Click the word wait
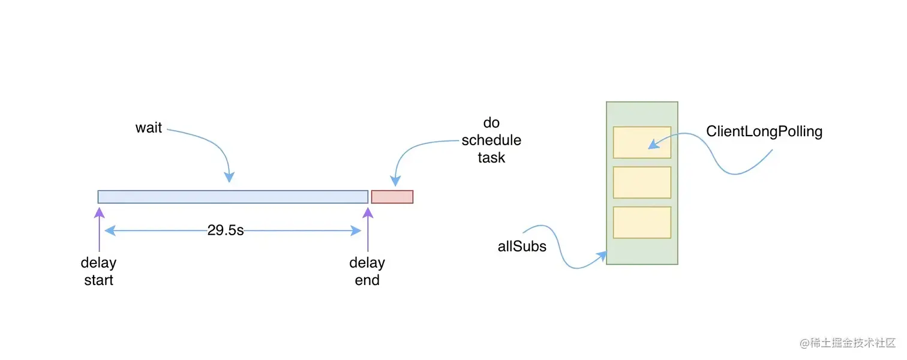pos(149,128)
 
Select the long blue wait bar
pos(233,197)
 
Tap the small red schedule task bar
pos(392,197)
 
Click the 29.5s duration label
pos(226,230)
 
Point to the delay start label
pos(98,271)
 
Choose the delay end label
pos(367,271)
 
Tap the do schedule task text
pos(491,140)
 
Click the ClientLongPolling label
pos(764,131)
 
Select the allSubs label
pos(522,246)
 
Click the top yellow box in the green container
pos(642,142)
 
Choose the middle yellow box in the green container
pos(642,182)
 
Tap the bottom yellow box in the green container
pos(642,222)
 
